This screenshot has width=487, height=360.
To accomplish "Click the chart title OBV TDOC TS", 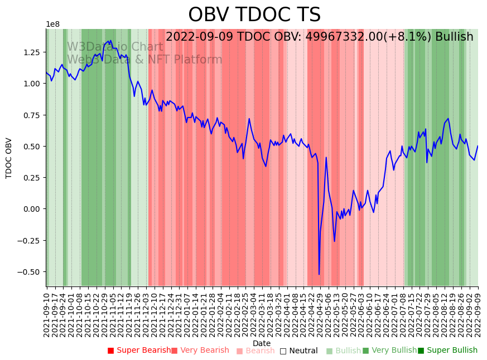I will coord(254,15).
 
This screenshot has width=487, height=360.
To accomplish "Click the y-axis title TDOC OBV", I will coord(9,158).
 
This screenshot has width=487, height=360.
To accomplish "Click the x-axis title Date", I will coord(262,343).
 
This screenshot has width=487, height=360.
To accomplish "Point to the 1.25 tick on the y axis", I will coord(31,52).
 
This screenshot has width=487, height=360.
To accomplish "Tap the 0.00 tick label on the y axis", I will coord(31,209).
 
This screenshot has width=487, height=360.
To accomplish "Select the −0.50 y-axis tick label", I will coord(28,272).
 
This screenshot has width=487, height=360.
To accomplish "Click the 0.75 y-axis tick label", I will coord(31,115).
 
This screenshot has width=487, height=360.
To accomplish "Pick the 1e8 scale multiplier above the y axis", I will coord(52,25).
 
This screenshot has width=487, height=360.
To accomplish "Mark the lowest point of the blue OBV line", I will coord(319,274).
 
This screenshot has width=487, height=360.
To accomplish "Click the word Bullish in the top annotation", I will coord(454,37).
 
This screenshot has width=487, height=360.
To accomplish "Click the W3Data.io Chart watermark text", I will coord(115,47).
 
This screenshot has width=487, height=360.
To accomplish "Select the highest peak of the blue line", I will coord(110,40).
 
